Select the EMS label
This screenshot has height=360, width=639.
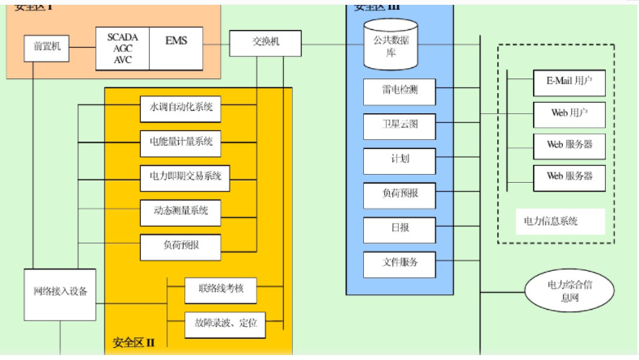point(176,40)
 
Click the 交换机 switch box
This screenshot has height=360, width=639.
point(265,43)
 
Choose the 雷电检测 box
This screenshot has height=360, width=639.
point(399,92)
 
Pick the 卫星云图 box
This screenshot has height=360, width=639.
point(399,126)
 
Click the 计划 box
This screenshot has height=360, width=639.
point(399,159)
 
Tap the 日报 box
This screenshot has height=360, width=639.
point(399,228)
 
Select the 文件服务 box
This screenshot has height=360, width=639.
point(399,263)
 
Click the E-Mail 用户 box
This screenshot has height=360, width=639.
point(569,82)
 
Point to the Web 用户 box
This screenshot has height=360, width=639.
point(569,113)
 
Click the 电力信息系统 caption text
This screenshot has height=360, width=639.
point(551,220)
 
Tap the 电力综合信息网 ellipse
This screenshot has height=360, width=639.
point(564,290)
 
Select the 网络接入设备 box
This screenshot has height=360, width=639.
point(60,291)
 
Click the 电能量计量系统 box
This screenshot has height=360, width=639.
point(180,142)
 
